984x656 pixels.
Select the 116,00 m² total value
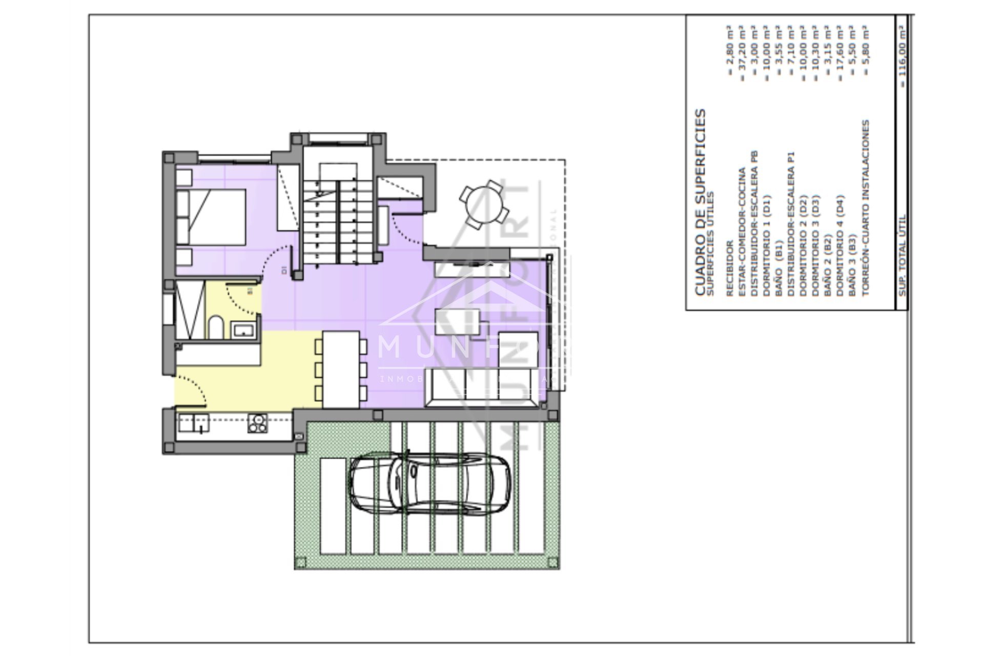tap(903, 51)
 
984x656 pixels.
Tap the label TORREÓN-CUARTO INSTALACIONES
tap(866, 208)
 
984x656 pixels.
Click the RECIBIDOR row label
tap(729, 269)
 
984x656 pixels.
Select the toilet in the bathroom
tap(216, 327)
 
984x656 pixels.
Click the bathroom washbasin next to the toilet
tap(242, 330)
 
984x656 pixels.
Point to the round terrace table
tap(484, 205)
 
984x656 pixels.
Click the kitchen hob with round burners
tap(257, 423)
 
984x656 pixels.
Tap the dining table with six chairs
tap(341, 369)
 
